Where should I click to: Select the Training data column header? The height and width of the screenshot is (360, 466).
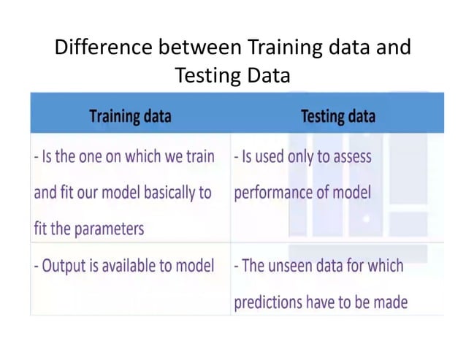click(x=130, y=116)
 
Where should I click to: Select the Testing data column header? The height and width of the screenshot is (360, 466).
click(x=338, y=116)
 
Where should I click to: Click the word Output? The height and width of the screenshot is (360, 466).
click(x=65, y=266)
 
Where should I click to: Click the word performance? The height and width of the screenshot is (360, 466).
click(x=275, y=193)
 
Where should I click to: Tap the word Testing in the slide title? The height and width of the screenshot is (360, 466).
click(x=206, y=75)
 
